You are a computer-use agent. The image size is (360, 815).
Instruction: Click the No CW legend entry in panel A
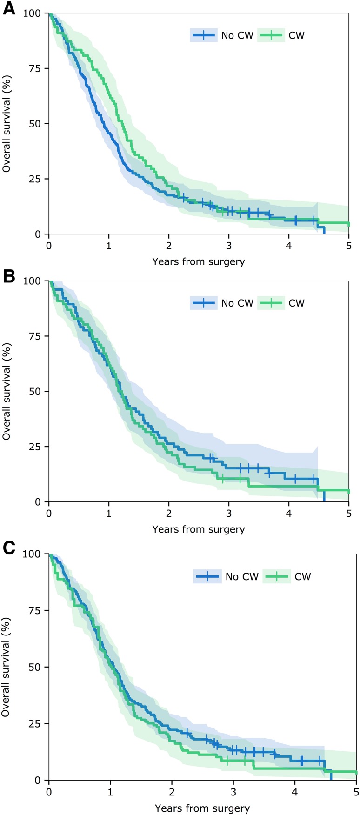(222, 35)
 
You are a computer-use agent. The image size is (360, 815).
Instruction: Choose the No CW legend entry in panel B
(222, 303)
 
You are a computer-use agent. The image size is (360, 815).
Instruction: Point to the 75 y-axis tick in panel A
(35, 68)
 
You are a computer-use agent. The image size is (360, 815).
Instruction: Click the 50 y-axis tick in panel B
(35, 391)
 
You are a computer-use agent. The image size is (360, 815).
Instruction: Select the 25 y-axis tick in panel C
(35, 723)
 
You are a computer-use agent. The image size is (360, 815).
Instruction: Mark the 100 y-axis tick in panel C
(32, 554)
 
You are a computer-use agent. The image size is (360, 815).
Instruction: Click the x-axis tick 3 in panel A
(229, 245)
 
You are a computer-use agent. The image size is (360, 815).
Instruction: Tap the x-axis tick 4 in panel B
(289, 513)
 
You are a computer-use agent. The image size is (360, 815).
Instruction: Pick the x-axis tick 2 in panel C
(172, 791)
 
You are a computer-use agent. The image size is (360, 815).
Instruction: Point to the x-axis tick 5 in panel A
(349, 245)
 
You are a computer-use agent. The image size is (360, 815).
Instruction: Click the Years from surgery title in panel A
(198, 261)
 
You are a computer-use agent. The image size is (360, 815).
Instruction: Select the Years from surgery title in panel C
(202, 808)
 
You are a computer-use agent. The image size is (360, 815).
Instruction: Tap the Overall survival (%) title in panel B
(7, 391)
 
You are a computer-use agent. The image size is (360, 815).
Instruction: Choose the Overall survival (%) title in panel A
(7, 123)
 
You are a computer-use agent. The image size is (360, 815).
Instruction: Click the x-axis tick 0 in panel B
(49, 513)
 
